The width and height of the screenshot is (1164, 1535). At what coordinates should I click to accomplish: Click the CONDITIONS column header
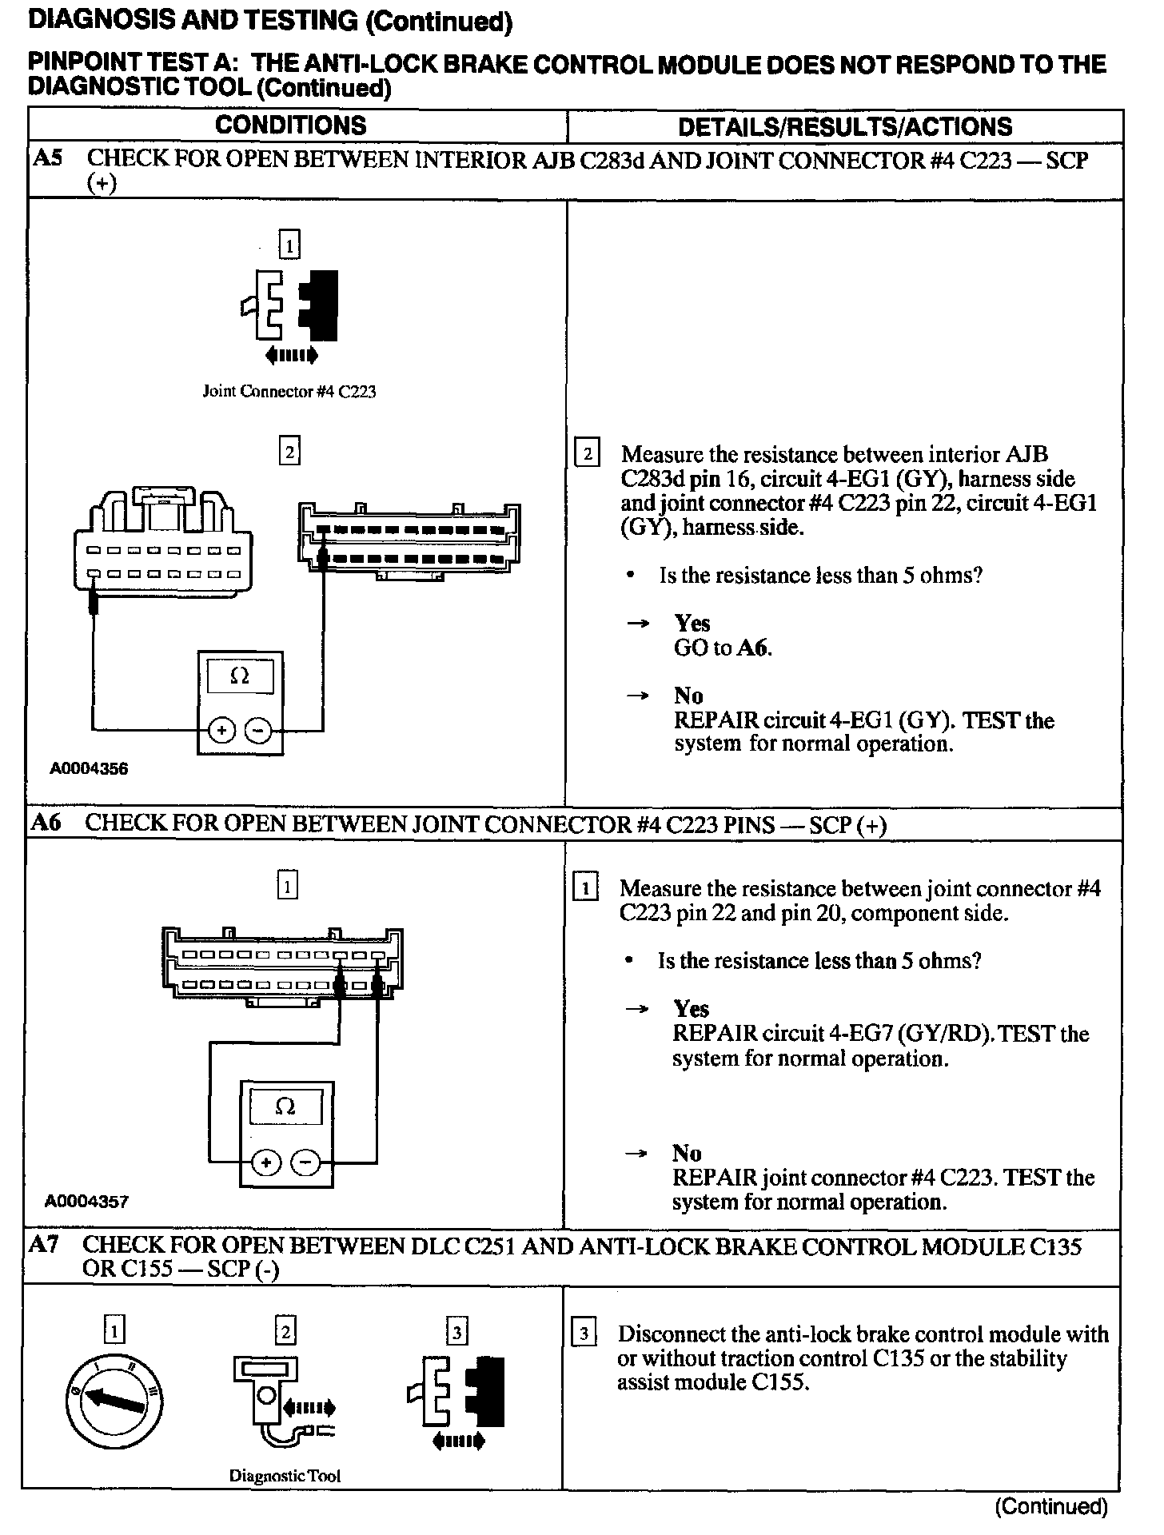tap(290, 126)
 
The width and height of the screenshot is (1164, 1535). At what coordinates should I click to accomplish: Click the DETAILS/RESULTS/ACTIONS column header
tap(844, 127)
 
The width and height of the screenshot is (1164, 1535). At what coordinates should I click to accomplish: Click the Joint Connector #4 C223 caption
tap(289, 392)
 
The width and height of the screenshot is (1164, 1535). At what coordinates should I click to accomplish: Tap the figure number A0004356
tap(89, 769)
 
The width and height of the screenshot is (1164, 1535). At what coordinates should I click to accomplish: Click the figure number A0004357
tap(87, 1201)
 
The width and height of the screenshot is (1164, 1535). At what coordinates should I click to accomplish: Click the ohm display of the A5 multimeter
tap(240, 676)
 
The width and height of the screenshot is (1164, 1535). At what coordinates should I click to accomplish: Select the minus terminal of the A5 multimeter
tap(258, 730)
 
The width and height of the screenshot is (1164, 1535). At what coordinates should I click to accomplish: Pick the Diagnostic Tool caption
tap(285, 1476)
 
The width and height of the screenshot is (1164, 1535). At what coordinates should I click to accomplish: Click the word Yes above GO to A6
tap(692, 623)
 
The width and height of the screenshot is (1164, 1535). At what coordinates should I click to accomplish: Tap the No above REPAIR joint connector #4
tap(687, 1153)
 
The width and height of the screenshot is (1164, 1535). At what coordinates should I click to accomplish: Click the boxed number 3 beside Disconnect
tap(585, 1334)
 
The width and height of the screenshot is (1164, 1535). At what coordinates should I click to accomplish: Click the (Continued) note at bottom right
tap(1050, 1507)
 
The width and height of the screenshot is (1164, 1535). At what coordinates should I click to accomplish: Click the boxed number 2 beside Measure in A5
tap(588, 454)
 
